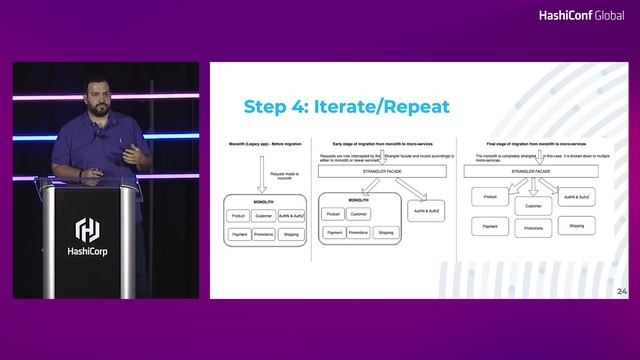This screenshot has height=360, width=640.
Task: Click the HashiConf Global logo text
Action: [x=581, y=15]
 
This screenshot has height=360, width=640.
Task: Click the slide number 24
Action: [x=622, y=291]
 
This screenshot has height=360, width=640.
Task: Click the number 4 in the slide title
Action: [x=293, y=107]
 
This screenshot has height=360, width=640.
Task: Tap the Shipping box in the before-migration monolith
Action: [x=290, y=233]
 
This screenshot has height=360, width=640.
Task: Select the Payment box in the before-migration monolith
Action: [x=240, y=233]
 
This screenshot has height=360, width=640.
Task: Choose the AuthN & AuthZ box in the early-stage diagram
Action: [x=428, y=209]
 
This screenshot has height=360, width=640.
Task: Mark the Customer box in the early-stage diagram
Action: [x=359, y=213]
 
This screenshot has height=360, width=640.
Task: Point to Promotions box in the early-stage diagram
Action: [x=359, y=232]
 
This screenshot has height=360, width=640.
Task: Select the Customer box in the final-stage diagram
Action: [x=532, y=206]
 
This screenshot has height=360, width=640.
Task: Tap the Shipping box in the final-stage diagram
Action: [x=577, y=226]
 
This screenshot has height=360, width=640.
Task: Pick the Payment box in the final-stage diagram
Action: [x=489, y=227]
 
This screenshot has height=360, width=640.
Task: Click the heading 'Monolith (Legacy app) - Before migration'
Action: [x=258, y=145]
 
